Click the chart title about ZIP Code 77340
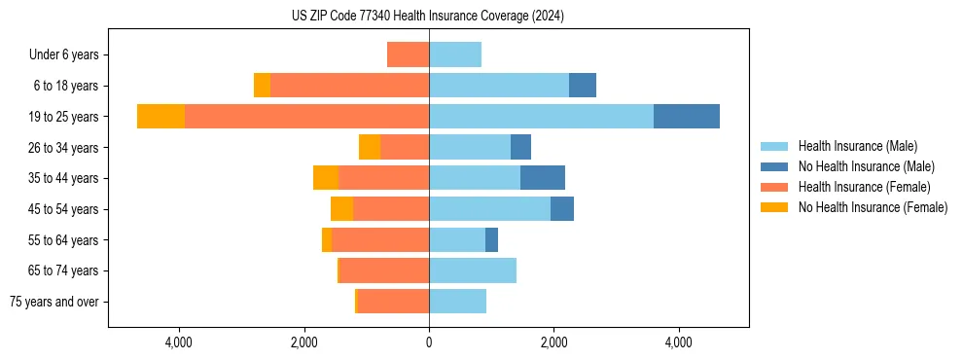tap(428, 17)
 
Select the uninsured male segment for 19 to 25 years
tap(687, 117)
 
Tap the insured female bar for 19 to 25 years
tap(306, 117)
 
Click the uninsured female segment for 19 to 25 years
tap(160, 117)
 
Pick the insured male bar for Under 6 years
tap(455, 54)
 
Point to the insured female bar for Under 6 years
tap(408, 54)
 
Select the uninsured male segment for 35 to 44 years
tap(543, 178)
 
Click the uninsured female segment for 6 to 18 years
tap(262, 86)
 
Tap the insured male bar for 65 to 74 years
tap(473, 270)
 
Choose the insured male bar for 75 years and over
tap(457, 302)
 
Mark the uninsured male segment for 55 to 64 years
tap(491, 239)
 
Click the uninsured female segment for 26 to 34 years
tap(370, 147)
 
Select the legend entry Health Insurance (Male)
tap(857, 146)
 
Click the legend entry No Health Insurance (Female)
tap(873, 207)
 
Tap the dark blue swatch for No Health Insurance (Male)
tap(774, 166)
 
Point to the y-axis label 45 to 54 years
tap(64, 209)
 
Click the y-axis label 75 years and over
tap(54, 302)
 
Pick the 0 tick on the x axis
tap(429, 342)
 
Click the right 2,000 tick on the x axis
tap(553, 342)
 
